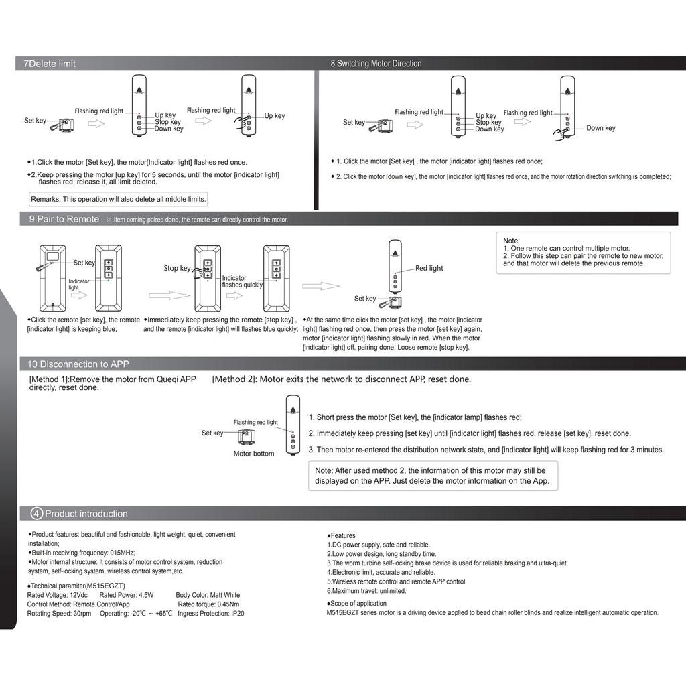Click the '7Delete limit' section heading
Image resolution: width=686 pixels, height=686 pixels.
tap(50, 64)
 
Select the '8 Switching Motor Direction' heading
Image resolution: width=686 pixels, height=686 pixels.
tap(376, 64)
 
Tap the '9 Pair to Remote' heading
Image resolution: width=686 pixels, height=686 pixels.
tap(64, 219)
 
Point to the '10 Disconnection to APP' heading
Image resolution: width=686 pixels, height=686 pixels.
tap(78, 364)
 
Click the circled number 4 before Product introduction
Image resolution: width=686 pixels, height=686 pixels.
tap(37, 514)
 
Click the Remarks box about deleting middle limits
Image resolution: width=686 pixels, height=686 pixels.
tap(119, 199)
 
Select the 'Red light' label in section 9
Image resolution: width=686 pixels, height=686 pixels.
tap(429, 268)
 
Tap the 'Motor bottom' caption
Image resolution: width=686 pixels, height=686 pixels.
tap(253, 454)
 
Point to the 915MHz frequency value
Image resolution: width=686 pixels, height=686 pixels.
tap(122, 553)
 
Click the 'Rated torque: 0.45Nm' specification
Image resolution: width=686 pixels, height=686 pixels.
tap(208, 604)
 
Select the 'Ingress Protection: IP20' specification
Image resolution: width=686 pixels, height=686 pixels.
tap(211, 613)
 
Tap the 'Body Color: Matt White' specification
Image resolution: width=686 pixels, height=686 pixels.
tap(208, 595)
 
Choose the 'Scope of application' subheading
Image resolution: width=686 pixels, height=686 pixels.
tap(358, 603)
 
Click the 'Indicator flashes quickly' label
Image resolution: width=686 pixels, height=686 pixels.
tap(242, 281)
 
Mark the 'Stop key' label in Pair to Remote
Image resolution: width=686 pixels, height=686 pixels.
tap(177, 268)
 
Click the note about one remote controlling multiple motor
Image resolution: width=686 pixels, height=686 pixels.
tap(566, 249)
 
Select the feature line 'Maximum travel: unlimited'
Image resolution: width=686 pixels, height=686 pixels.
tap(366, 591)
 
